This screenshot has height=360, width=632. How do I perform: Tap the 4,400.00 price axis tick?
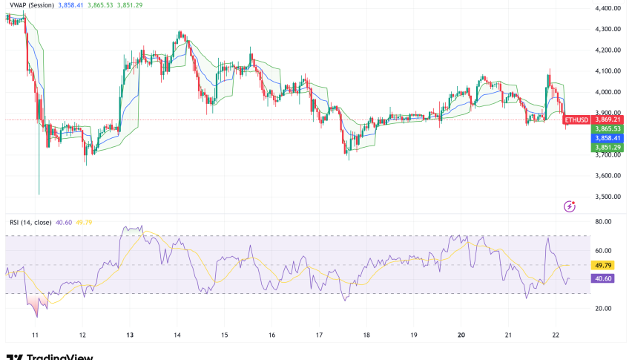[x=608, y=8]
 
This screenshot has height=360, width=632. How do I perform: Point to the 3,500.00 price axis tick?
[x=608, y=197]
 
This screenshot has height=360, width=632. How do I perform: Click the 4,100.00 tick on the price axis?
[x=608, y=71]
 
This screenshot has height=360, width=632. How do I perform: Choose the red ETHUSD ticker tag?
[x=576, y=120]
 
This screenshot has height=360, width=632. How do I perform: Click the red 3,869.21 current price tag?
[x=608, y=120]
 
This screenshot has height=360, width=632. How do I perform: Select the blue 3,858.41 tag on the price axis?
[x=608, y=138]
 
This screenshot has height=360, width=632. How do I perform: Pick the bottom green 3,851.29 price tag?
[x=608, y=148]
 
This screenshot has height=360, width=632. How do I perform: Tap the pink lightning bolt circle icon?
[x=570, y=206]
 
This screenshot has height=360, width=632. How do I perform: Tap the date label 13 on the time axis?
[x=131, y=334]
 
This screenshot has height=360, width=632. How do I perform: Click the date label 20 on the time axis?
[x=461, y=334]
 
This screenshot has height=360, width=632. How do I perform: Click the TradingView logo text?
[x=56, y=356]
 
